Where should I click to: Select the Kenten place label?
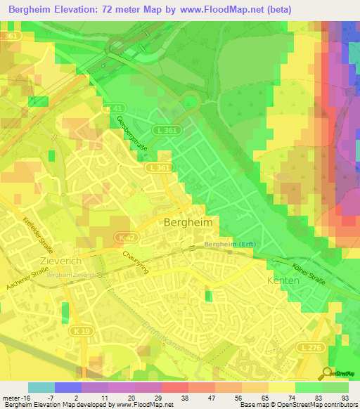pyautogui.click(x=283, y=280)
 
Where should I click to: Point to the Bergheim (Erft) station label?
pyautogui.click(x=228, y=244)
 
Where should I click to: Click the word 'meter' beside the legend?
pyautogui.click(x=13, y=397)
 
